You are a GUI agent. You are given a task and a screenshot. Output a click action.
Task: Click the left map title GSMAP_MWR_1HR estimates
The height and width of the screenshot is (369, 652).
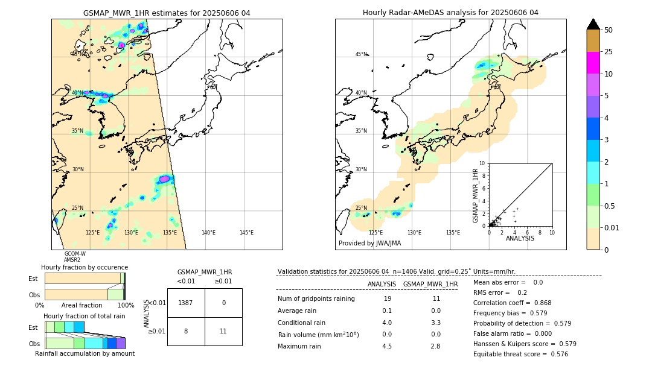[167, 13]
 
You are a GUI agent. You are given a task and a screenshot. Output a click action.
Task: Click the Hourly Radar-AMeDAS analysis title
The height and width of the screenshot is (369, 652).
[450, 13]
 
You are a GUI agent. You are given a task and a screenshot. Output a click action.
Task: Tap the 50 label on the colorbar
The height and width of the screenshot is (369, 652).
[609, 30]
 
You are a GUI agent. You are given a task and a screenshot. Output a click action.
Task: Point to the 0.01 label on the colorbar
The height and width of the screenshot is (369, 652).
[612, 227]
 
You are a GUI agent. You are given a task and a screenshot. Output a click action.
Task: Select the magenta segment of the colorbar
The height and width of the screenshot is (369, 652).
[593, 63]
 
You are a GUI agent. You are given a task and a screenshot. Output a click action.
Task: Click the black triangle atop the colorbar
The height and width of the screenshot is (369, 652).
[593, 24]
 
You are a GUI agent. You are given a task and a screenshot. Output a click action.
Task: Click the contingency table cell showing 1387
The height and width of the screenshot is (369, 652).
[186, 303]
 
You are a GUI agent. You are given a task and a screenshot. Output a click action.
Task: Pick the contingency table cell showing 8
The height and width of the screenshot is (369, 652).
[186, 331]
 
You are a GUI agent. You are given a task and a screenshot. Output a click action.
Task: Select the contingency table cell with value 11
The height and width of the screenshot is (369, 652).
[223, 331]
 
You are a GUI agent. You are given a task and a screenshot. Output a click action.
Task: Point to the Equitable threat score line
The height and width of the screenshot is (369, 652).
[520, 354]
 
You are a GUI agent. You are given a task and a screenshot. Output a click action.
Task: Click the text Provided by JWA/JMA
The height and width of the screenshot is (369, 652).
[369, 244]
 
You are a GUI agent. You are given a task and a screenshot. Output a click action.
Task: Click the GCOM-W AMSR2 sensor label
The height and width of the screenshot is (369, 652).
[75, 257]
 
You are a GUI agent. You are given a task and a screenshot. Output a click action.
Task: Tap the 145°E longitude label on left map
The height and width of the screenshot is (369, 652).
[246, 233]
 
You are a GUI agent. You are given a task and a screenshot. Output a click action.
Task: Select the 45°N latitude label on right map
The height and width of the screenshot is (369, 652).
[361, 54]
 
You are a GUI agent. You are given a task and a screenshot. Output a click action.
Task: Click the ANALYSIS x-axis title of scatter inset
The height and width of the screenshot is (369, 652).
[519, 239]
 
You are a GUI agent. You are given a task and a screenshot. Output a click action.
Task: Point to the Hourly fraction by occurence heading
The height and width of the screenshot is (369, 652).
[85, 267]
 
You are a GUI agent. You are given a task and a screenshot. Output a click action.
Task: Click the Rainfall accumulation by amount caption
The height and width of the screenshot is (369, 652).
[85, 354]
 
